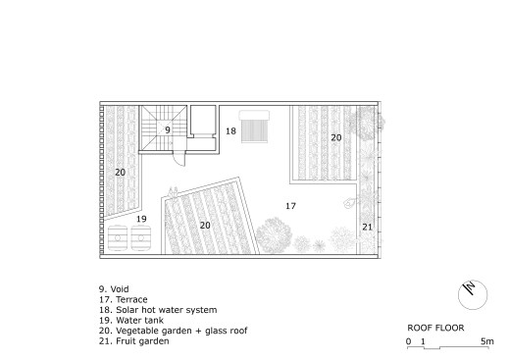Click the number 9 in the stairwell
point(168,130)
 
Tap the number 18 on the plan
point(230,131)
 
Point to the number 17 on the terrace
point(290,206)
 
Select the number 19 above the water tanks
point(141,219)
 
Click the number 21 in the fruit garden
point(367,227)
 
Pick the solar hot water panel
point(254,127)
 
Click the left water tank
point(118,237)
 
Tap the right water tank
point(141,237)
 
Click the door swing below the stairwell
point(179,159)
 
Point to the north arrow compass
point(473,294)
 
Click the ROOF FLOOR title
point(435,328)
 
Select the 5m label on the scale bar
point(487,341)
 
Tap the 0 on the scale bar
point(408,341)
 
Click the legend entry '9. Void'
point(114,289)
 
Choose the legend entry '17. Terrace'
point(124,299)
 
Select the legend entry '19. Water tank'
point(131,321)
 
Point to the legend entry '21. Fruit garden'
point(134,341)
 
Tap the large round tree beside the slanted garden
point(274,235)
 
